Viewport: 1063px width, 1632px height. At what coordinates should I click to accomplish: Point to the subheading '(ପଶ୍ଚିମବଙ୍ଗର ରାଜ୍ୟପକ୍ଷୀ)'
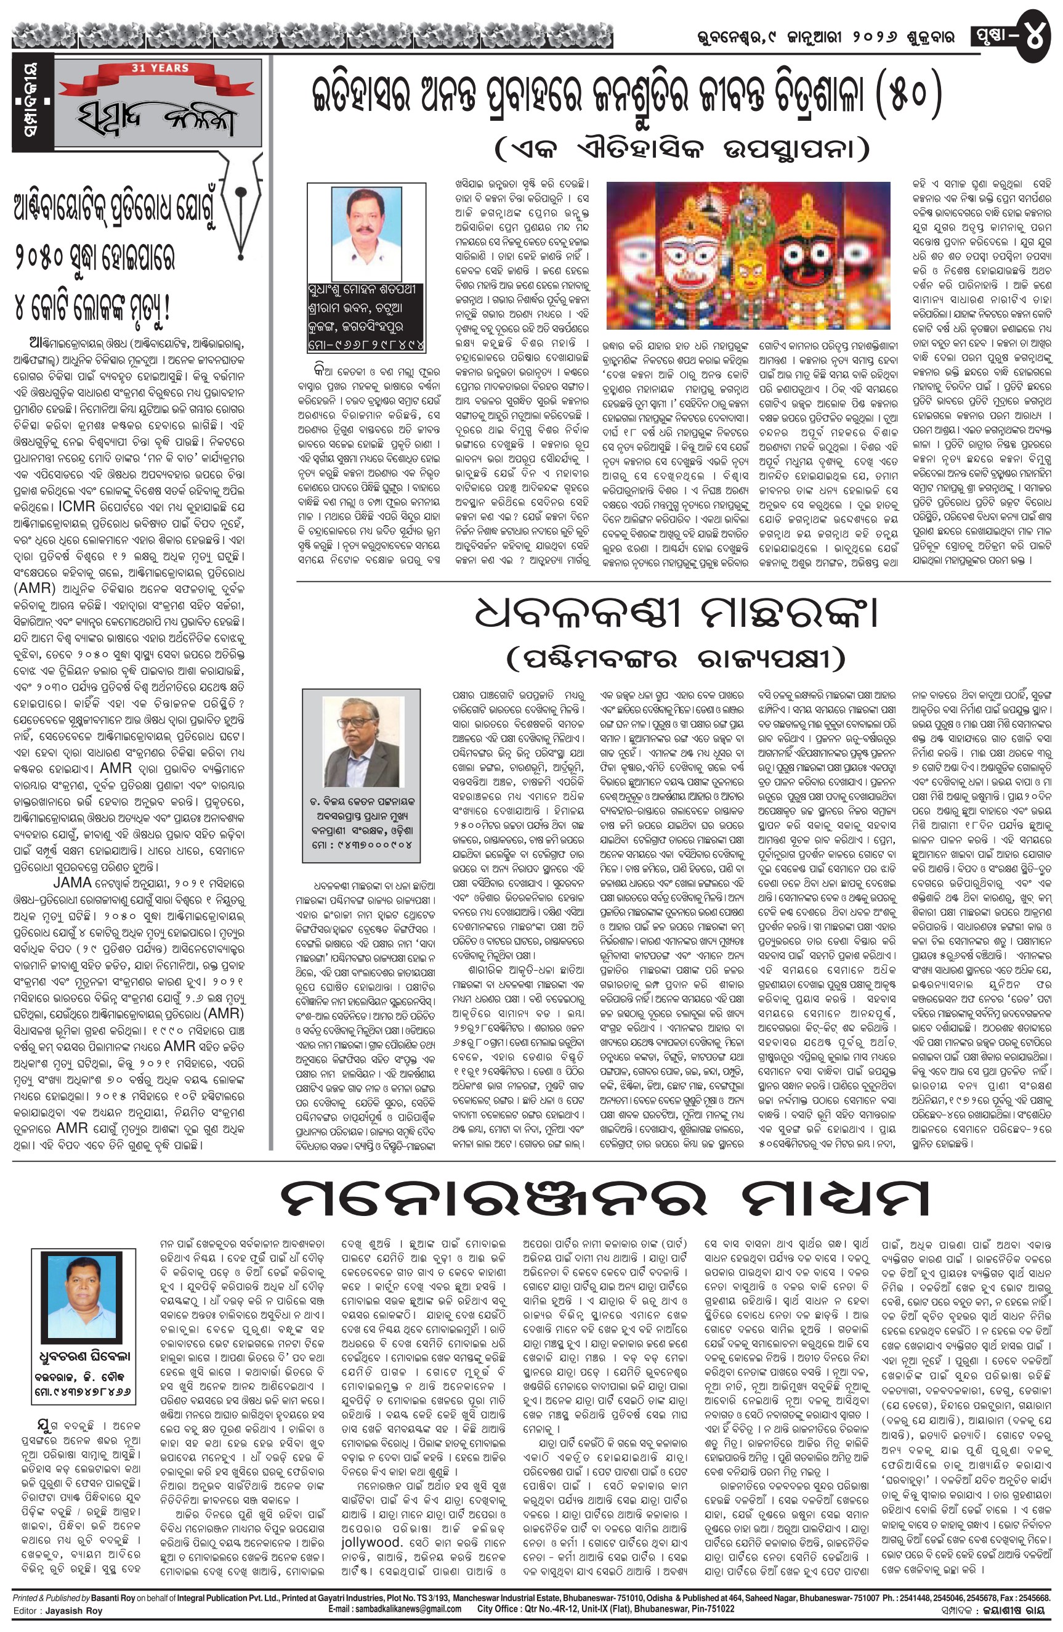[x=674, y=659]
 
